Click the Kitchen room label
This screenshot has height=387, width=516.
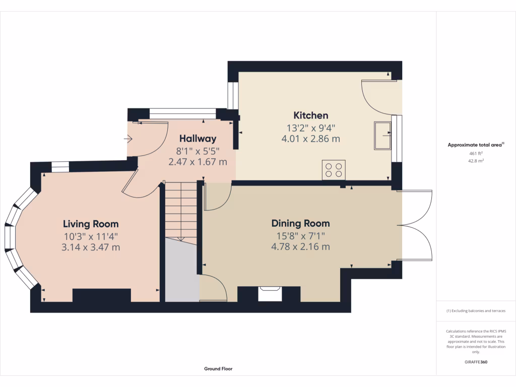[311, 115]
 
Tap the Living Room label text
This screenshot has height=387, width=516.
[91, 224]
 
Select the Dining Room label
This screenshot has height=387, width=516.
[300, 223]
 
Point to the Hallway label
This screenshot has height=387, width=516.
[198, 139]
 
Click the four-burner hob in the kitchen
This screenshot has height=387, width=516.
[334, 169]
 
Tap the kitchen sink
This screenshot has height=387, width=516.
[382, 135]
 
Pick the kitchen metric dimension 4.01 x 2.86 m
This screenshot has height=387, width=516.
[311, 139]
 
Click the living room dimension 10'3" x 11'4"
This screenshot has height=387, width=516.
[91, 236]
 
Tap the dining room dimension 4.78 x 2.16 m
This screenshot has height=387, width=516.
[300, 247]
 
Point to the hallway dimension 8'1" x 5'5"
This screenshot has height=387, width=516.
[198, 151]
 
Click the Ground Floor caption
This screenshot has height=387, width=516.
[218, 369]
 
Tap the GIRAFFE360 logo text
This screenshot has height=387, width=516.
[476, 362]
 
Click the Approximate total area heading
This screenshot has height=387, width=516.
[475, 145]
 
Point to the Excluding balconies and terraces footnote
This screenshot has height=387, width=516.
[476, 311]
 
